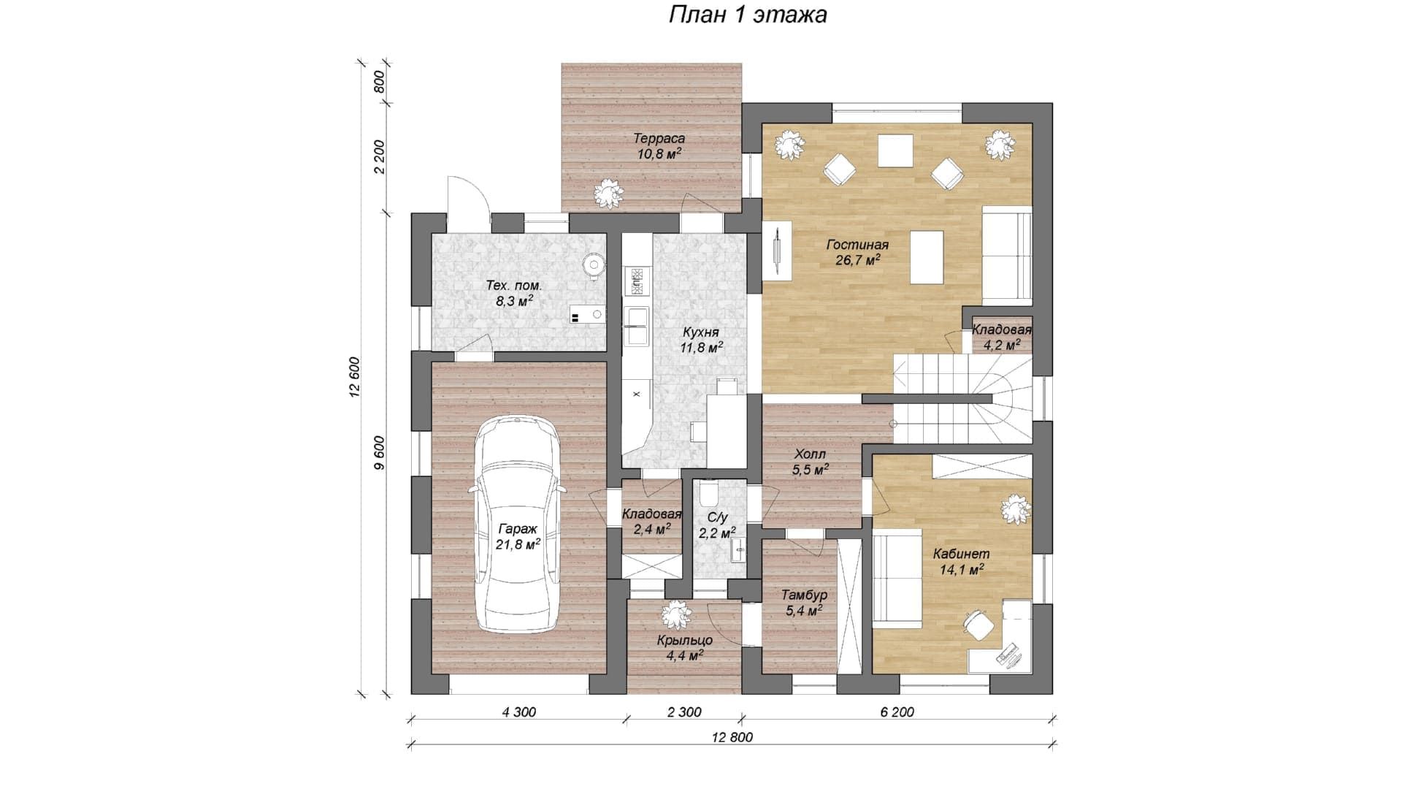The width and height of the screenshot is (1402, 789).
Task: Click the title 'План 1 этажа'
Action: point(748,15)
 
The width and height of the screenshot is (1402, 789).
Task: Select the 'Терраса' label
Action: point(659,138)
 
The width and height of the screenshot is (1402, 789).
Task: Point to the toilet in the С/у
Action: point(708,494)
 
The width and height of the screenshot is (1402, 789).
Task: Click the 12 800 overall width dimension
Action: point(732,737)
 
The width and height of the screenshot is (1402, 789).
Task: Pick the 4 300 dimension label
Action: point(518,712)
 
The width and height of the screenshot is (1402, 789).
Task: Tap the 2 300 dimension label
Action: point(684,712)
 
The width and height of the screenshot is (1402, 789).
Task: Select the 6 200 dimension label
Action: point(897,712)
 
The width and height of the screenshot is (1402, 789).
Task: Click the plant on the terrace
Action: point(608,193)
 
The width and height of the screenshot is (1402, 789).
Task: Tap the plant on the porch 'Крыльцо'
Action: point(676,615)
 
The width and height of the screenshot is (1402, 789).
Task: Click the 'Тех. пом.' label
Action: point(514,286)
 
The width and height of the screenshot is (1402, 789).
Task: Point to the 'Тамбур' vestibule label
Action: point(804,595)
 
